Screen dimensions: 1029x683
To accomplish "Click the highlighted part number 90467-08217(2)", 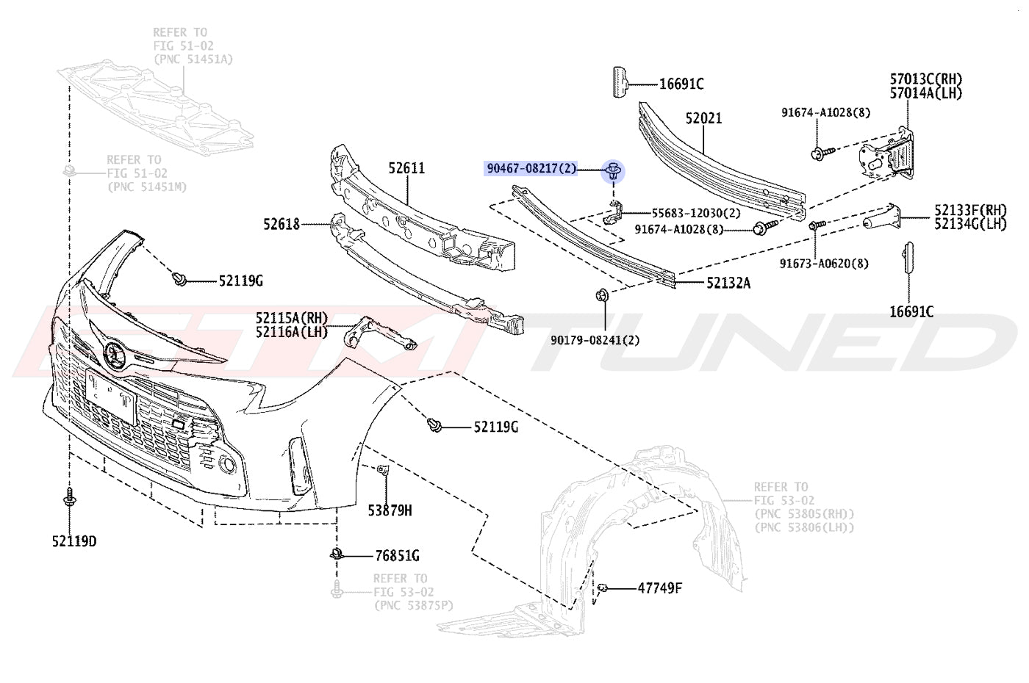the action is [x=531, y=168].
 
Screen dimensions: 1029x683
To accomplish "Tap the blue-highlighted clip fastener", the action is [x=613, y=170].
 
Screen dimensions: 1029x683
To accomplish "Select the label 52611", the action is [x=406, y=168].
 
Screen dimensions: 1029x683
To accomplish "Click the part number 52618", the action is [x=281, y=224].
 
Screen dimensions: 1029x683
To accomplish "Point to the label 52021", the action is [x=703, y=118].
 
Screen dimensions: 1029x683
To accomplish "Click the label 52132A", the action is [x=728, y=283].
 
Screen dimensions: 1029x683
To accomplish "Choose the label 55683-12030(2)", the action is [x=696, y=214].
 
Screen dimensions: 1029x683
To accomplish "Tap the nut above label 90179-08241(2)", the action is [x=602, y=295].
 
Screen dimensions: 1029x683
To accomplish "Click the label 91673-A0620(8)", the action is [x=824, y=264].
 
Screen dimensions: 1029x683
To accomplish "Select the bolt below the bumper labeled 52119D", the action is [x=69, y=497].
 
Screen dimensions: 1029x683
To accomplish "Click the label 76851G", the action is [x=397, y=556].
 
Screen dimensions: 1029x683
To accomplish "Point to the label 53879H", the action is [x=390, y=510].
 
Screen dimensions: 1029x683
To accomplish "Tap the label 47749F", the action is [x=660, y=588].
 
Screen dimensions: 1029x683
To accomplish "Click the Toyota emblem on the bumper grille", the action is [x=114, y=354].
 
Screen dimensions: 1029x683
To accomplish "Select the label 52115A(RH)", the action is [x=292, y=317].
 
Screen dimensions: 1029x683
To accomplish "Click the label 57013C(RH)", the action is [x=926, y=79].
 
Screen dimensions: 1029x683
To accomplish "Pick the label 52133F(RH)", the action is [x=970, y=210].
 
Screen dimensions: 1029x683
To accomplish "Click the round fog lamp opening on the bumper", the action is [x=227, y=464].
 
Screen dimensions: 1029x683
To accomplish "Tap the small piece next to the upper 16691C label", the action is [x=620, y=82].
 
